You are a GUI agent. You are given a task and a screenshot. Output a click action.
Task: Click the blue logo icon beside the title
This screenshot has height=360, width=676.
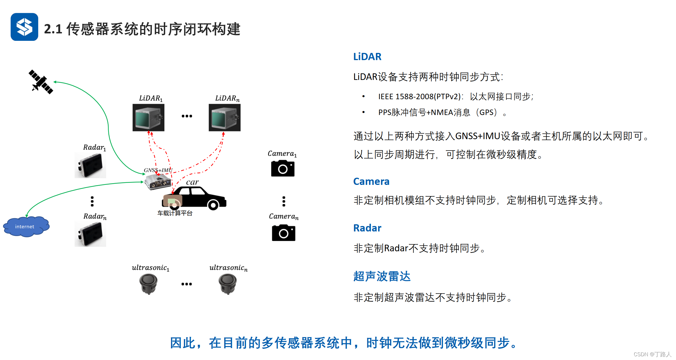point(24,27)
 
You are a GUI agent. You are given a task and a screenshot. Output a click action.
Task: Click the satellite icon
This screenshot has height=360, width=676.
point(41,82)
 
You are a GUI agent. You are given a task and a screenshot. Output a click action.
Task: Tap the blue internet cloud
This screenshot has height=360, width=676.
point(26,227)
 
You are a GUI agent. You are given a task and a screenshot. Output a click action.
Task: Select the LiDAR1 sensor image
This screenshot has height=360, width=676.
point(148,118)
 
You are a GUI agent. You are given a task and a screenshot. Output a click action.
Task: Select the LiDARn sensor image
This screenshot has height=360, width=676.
point(224,118)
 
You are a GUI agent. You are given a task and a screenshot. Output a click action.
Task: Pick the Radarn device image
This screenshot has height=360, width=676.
point(90,234)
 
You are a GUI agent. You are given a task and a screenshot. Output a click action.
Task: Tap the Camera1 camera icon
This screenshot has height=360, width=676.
point(283,168)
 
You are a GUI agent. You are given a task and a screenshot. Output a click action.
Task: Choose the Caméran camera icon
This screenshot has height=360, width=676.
point(283,233)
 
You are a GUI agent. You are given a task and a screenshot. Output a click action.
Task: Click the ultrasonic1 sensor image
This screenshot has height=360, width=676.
point(148,284)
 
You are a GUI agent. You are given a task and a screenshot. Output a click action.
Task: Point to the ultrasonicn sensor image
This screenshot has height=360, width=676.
point(228,284)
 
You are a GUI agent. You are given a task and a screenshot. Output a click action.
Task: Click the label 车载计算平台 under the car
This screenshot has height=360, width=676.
point(175,213)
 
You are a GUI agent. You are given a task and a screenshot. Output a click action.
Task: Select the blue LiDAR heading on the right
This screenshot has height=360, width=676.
point(367,57)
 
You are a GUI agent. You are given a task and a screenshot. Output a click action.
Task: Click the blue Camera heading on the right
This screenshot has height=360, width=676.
point(371,181)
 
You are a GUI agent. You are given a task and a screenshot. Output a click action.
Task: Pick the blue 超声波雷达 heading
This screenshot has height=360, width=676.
point(382,276)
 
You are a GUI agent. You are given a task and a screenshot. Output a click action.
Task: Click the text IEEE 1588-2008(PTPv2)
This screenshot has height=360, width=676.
point(419,97)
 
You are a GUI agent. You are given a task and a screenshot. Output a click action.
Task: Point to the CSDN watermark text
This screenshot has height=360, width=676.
point(652,354)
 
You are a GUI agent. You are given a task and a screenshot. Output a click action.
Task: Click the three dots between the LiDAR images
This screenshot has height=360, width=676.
point(187,116)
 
